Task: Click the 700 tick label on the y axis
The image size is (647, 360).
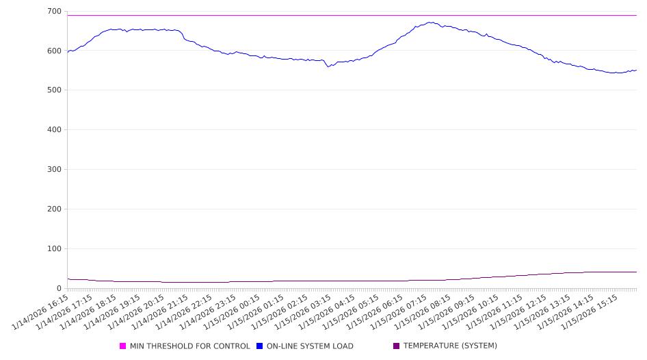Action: (x=53, y=11)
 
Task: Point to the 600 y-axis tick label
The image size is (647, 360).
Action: (x=53, y=51)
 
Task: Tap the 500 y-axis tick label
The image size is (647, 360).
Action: (x=53, y=90)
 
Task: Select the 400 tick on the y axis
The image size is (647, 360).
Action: (x=53, y=130)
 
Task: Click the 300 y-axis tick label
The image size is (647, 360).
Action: (x=53, y=170)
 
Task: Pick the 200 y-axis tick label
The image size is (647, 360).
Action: (x=53, y=209)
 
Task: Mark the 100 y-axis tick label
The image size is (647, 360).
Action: (x=53, y=249)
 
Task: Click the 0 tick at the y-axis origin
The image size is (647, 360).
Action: (x=59, y=288)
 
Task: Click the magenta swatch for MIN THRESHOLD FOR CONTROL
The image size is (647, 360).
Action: (x=123, y=346)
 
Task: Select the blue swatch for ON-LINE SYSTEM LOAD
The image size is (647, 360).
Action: (x=259, y=346)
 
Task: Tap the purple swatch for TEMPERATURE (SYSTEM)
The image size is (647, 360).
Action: (x=396, y=346)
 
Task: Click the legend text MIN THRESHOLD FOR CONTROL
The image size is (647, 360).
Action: (x=189, y=346)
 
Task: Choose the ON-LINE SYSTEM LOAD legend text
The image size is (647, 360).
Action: (x=310, y=346)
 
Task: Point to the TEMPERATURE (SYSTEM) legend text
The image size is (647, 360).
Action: (x=450, y=346)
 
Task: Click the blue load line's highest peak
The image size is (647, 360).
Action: (x=430, y=22)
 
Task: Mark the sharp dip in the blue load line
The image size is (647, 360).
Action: (x=328, y=66)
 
